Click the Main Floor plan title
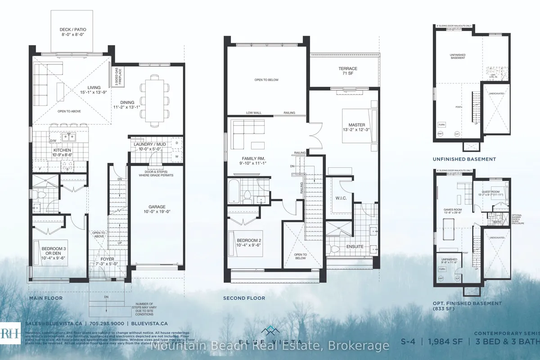pos(46,298)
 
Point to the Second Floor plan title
pos(244,298)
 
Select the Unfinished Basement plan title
pos(464,159)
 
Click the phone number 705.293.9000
pos(110,323)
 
